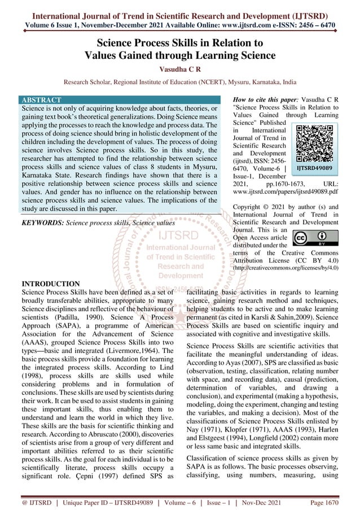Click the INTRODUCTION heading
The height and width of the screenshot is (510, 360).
pos(50,283)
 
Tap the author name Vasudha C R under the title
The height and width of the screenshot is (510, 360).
pos(179,68)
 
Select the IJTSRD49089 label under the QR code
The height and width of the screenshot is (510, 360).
pos(314,168)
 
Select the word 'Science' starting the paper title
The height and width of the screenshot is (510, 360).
pos(119,42)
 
